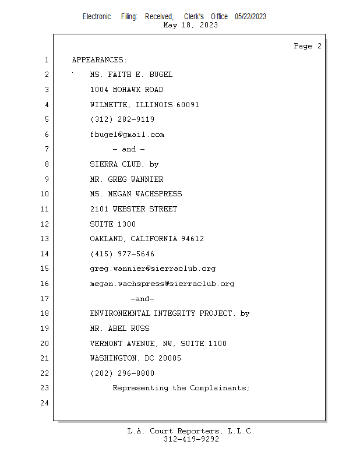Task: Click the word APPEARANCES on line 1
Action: click(97, 60)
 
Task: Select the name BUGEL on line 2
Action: click(161, 75)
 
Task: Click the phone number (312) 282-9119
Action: click(122, 119)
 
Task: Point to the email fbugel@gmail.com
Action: click(127, 135)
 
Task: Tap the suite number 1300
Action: click(126, 224)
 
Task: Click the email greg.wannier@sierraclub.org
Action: click(153, 269)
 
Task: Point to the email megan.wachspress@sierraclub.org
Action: click(162, 284)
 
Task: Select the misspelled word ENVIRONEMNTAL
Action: click(120, 313)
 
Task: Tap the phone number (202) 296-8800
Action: click(122, 373)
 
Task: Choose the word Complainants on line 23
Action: click(218, 388)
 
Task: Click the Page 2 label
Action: click(308, 46)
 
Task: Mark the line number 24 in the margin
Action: click(44, 403)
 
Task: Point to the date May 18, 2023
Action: click(190, 25)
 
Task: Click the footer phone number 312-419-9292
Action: click(191, 439)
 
